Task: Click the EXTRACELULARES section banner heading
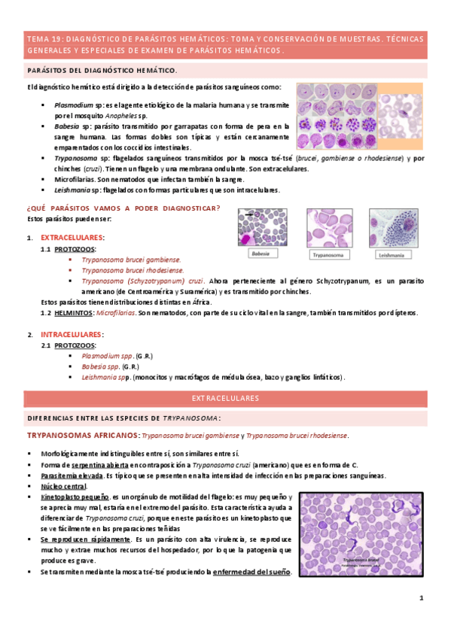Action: (225, 398)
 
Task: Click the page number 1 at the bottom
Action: (422, 598)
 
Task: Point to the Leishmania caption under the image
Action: (392, 255)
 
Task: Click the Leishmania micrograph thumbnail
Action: (393, 228)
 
